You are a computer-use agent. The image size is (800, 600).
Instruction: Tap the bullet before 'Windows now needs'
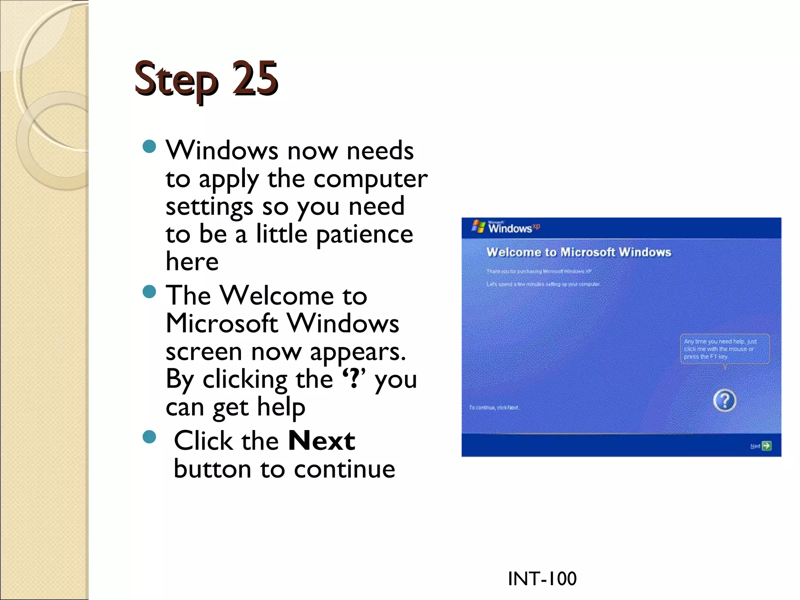[149, 147]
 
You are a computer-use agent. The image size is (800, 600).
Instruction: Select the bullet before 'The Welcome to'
[149, 291]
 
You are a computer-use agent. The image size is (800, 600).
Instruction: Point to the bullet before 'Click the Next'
[149, 437]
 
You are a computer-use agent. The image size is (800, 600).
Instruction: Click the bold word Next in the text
[321, 441]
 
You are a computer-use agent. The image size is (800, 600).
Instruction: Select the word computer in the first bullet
[370, 179]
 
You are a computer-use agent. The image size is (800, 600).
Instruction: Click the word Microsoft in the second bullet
[221, 323]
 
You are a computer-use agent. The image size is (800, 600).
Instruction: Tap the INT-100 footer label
[542, 579]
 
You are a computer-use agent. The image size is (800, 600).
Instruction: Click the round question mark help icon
[725, 400]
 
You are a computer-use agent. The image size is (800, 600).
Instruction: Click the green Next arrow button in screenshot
[766, 446]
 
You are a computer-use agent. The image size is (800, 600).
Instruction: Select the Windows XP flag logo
[478, 226]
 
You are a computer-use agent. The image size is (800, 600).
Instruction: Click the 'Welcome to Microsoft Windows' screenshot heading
[579, 252]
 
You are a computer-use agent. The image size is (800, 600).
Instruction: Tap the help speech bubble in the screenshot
[725, 349]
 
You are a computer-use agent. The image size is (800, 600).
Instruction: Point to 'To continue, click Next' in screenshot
[494, 407]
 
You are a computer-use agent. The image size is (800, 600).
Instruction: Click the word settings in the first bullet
[209, 207]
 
